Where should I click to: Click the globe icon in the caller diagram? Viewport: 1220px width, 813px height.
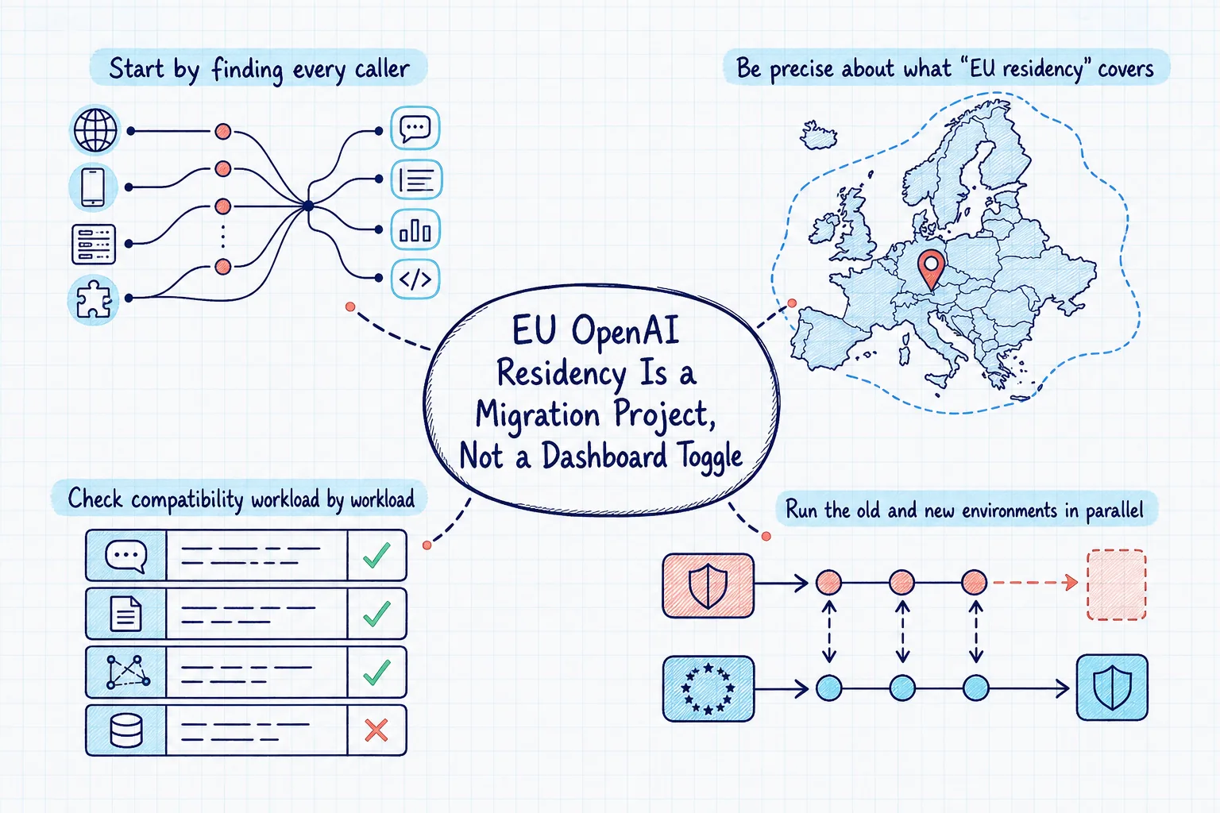(x=95, y=131)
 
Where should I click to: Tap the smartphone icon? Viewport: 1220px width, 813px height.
(x=93, y=187)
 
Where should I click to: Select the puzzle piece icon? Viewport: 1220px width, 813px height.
(x=93, y=299)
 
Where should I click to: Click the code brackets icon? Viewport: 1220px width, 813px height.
(x=415, y=279)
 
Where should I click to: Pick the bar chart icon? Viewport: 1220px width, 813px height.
(x=415, y=229)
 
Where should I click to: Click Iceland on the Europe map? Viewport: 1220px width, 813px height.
(x=818, y=135)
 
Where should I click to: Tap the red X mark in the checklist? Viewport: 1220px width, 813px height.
(x=376, y=730)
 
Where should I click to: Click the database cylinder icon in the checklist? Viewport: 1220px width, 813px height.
(x=126, y=730)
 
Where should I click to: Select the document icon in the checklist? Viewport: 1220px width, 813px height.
(x=125, y=614)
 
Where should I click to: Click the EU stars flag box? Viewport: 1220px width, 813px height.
(x=708, y=688)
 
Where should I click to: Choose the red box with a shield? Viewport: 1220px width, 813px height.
(x=708, y=585)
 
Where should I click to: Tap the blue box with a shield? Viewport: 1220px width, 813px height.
(x=1112, y=688)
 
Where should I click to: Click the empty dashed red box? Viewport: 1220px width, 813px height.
(x=1117, y=584)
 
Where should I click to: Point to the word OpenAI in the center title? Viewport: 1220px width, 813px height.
(x=626, y=331)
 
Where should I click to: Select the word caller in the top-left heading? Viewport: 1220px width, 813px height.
(x=382, y=69)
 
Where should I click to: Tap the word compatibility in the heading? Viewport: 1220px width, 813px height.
(x=187, y=500)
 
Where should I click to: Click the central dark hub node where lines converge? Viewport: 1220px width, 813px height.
(x=308, y=206)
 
